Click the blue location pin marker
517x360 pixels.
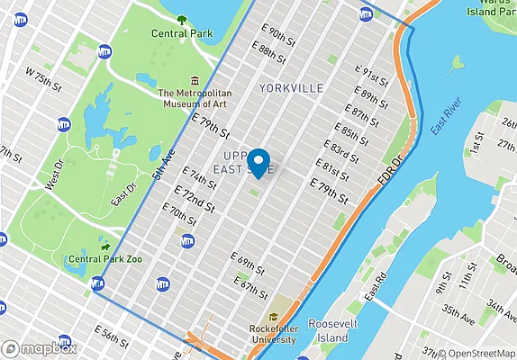(x=259, y=161)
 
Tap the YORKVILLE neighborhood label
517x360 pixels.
(x=290, y=88)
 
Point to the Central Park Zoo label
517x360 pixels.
(x=106, y=259)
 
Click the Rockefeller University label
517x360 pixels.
(x=274, y=334)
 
